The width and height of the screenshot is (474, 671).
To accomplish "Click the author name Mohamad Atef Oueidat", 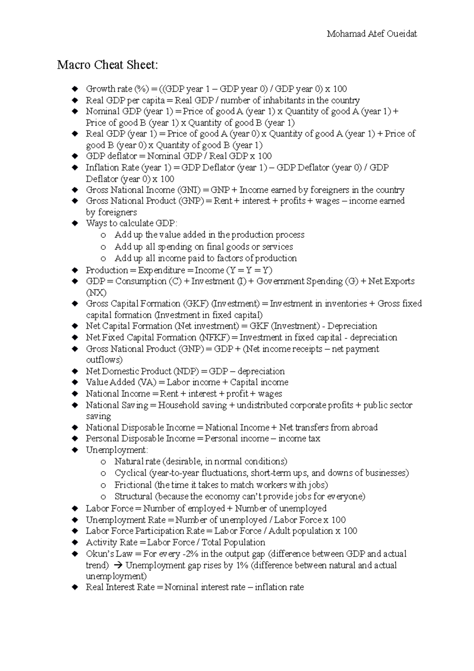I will click(372, 34).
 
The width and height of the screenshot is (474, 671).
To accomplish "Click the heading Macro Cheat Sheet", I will click(107, 65).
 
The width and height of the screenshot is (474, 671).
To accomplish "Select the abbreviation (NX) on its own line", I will click(96, 293).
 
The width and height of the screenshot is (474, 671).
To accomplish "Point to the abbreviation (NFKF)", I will click(213, 337).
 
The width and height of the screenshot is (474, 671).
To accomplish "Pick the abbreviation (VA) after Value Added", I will click(147, 383).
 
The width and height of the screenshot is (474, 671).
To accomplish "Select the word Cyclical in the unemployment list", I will click(130, 473).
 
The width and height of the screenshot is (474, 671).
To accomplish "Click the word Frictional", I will click(133, 485).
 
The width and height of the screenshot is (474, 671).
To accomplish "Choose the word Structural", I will click(133, 496).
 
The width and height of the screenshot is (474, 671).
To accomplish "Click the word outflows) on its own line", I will click(104, 360).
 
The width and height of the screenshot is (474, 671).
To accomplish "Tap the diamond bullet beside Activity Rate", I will click(75, 543).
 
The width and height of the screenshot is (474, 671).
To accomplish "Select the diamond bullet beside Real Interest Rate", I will click(75, 588).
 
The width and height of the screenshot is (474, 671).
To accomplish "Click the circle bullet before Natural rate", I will click(103, 462).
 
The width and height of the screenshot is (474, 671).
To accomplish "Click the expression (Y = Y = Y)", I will click(249, 270).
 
